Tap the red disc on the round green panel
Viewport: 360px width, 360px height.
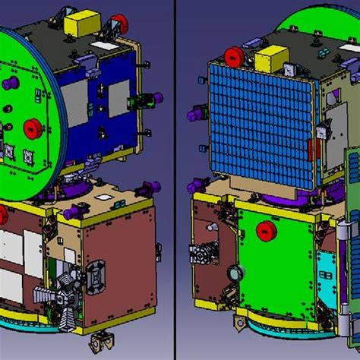[33, 127]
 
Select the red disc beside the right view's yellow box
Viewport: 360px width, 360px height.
[234, 55]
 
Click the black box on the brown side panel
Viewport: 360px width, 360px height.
[97, 278]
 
